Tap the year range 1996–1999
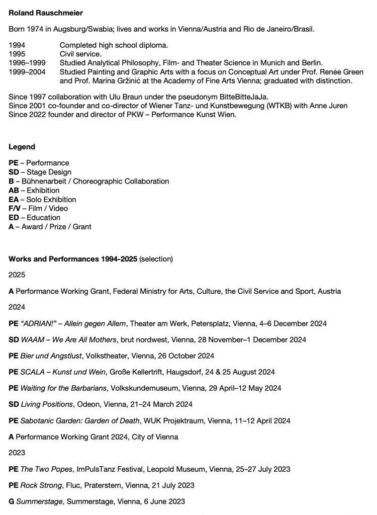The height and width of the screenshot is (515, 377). tap(27, 63)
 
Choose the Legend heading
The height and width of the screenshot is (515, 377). tap(22, 147)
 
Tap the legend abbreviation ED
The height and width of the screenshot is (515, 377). tap(14, 217)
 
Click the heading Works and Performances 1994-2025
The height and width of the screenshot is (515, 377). tap(73, 259)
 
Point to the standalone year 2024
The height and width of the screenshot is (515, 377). tap(17, 307)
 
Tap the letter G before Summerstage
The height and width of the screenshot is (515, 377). tap(12, 501)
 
